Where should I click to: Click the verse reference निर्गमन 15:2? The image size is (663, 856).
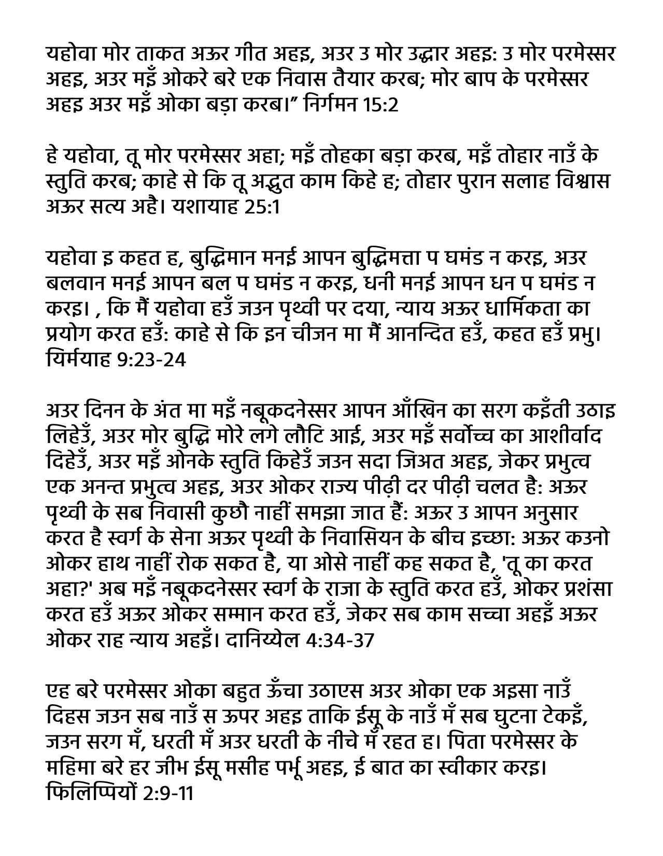click(352, 105)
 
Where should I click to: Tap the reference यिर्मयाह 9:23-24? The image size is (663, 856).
click(115, 359)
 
